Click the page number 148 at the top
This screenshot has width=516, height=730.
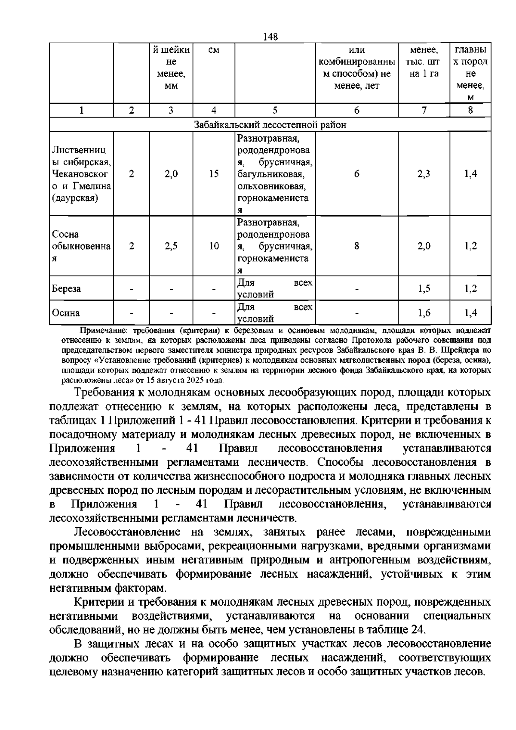(x=270, y=37)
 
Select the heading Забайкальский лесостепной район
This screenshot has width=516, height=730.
(x=270, y=125)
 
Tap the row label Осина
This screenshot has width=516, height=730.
(x=65, y=313)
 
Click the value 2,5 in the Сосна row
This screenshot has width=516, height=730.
(x=171, y=246)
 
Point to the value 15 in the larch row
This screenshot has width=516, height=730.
(x=214, y=174)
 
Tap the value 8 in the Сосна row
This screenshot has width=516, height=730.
(x=356, y=246)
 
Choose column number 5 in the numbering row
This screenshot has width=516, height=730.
(x=275, y=110)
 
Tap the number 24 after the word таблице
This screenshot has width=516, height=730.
(x=418, y=629)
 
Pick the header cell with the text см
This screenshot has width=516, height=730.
(x=214, y=51)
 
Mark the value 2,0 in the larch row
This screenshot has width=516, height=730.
(x=171, y=174)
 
